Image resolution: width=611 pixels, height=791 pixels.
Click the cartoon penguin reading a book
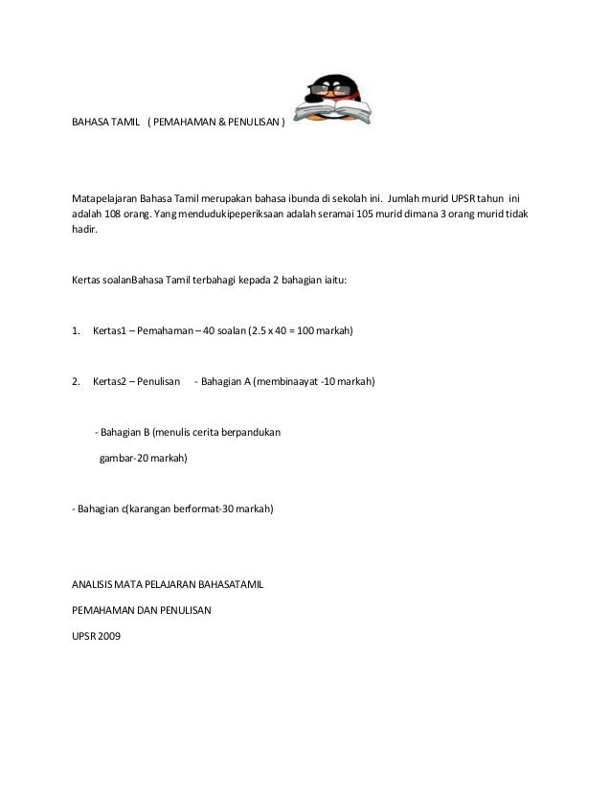point(330,101)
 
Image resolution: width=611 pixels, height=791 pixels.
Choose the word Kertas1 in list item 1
point(111,331)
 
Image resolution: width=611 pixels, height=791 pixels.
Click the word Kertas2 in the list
point(111,381)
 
